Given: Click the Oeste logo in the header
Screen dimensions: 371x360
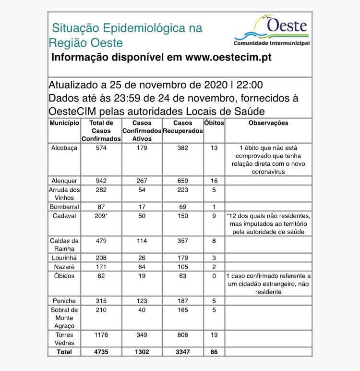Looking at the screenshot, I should click(x=271, y=31).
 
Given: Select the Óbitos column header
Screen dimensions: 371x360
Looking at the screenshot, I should click(x=214, y=123).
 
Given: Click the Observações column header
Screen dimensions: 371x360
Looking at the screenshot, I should click(x=268, y=123).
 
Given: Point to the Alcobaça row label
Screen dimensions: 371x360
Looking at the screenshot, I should click(x=64, y=148).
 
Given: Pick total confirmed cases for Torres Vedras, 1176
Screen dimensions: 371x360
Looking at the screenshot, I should click(x=101, y=334).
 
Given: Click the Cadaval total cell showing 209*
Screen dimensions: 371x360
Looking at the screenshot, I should click(x=101, y=216).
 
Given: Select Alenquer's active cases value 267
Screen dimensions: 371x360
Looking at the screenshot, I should click(x=142, y=181).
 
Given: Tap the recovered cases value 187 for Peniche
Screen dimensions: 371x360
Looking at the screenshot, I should click(x=182, y=301).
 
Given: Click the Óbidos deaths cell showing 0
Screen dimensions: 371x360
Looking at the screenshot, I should click(x=214, y=276).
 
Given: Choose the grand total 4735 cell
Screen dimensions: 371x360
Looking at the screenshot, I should click(x=101, y=352).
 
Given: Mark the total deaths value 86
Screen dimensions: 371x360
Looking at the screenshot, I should click(x=214, y=352).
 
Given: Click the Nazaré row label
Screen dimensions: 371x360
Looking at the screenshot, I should click(x=64, y=267).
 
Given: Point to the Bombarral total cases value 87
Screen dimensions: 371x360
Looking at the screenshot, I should click(x=101, y=207).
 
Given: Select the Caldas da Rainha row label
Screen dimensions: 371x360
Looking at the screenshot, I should click(x=64, y=245).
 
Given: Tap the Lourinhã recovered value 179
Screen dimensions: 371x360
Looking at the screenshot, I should click(x=182, y=258).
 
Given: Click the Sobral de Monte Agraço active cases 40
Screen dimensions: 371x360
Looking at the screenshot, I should click(x=142, y=310).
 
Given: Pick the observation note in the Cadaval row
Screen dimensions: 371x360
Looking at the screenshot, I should click(x=268, y=224).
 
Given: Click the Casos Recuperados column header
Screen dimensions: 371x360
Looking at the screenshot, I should click(x=182, y=127).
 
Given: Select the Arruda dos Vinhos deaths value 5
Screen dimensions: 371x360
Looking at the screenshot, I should click(x=214, y=189).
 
